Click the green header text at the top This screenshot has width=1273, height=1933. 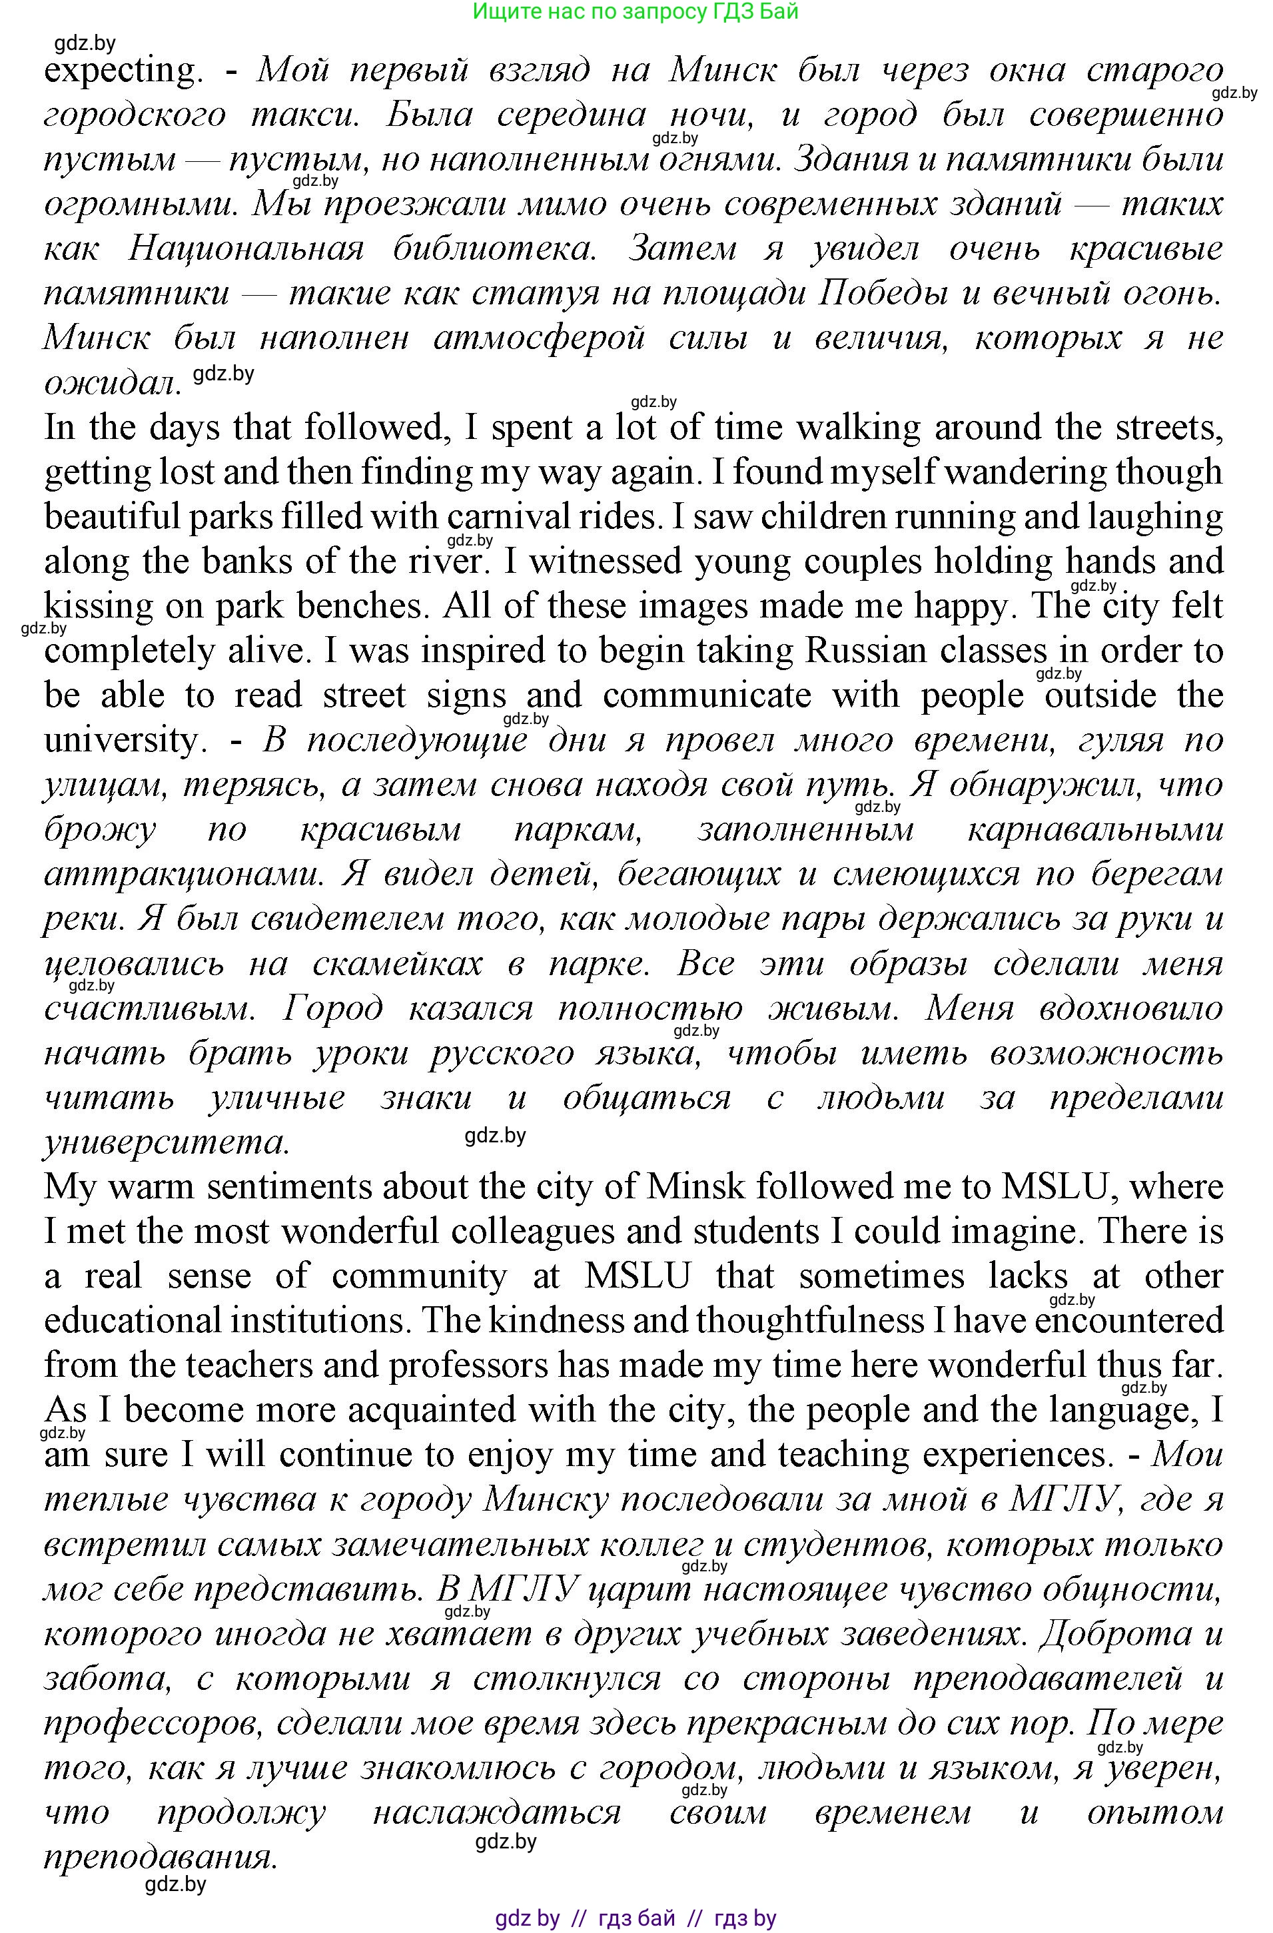point(636,11)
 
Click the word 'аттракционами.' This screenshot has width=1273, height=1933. point(179,875)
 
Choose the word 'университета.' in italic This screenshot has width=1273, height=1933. point(167,1143)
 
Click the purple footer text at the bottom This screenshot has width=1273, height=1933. point(636,1918)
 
